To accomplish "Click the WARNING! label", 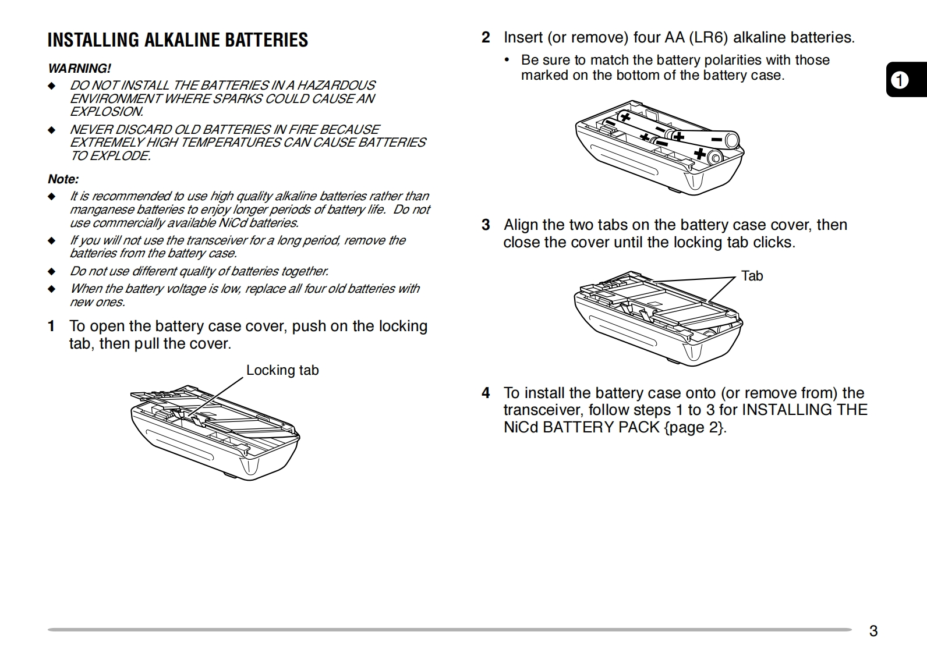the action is pos(79,69).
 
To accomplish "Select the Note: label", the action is pos(63,179).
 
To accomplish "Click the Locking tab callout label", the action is pos(282,371).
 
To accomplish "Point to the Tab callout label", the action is pos(752,276).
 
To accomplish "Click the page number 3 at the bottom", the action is pos(873,631).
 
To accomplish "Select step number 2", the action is pos(486,38).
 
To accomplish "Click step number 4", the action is pos(486,393).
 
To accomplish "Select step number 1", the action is pos(52,326).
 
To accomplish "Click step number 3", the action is pos(486,225).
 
